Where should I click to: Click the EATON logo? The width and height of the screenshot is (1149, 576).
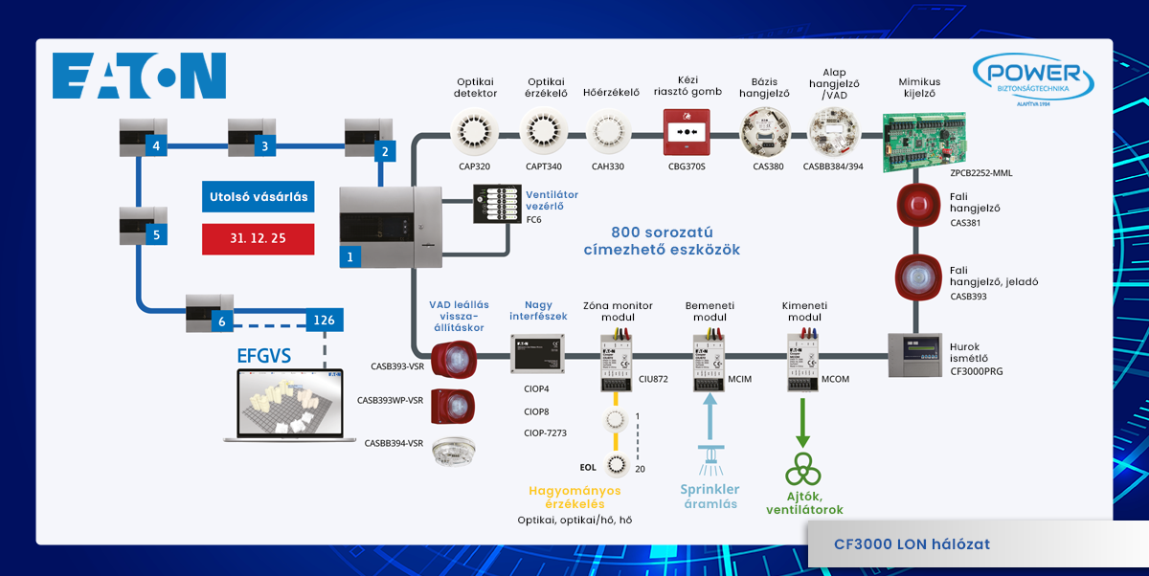coord(139,77)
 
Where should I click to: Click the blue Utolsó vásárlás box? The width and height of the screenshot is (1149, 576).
coord(258,198)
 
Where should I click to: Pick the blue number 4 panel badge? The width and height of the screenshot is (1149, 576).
coord(155,146)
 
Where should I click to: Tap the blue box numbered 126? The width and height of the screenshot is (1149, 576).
coord(325,321)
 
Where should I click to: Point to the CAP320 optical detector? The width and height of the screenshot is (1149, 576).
coord(476,133)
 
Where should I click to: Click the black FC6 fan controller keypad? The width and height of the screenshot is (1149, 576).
coord(495,203)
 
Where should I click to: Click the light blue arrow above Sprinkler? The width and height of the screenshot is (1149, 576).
coord(709,419)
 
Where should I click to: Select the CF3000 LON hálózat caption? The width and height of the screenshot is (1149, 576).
coord(912,544)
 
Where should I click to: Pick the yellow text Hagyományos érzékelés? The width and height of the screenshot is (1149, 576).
coord(574,497)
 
